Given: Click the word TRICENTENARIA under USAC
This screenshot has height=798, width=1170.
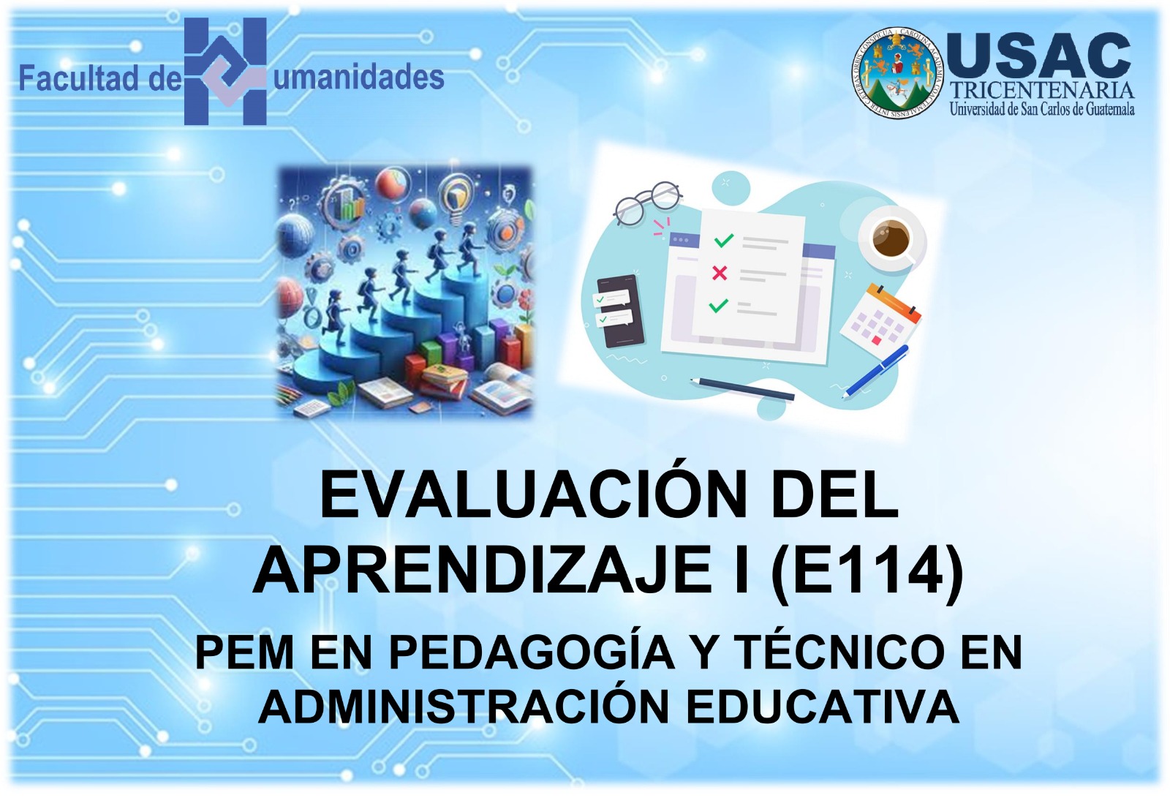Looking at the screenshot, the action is (x=1041, y=91).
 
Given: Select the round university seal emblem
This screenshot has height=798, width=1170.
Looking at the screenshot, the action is (x=899, y=72).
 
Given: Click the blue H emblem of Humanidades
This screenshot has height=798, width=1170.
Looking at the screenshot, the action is (x=226, y=72).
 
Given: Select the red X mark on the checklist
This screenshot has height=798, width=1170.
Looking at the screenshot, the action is (x=720, y=273).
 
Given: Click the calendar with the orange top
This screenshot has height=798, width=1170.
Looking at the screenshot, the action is (x=880, y=318).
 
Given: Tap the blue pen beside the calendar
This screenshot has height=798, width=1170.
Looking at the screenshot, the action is (x=876, y=371).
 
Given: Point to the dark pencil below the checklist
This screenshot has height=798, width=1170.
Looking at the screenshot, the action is (x=741, y=389).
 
